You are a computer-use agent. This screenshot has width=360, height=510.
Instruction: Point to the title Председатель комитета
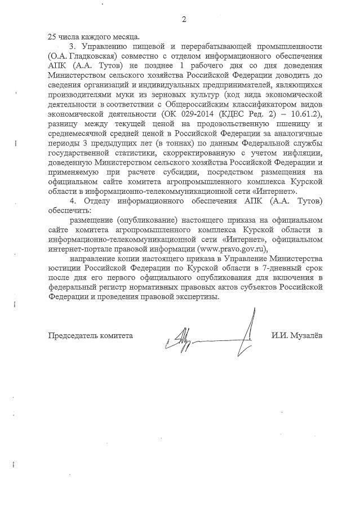point(91,335)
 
